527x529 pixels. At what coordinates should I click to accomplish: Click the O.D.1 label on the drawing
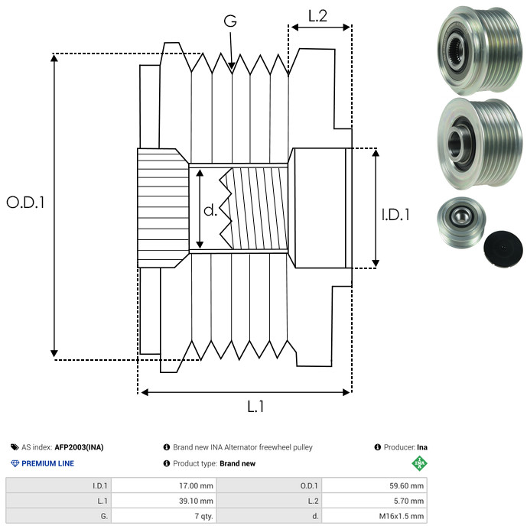26,203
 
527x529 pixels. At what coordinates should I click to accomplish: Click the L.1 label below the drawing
255,407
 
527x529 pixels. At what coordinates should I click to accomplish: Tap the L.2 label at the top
317,15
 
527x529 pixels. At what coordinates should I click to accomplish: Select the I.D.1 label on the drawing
395,216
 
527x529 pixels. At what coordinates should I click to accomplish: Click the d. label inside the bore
210,209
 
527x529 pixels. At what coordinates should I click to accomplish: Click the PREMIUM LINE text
47,463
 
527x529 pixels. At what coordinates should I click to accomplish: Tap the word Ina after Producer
422,447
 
